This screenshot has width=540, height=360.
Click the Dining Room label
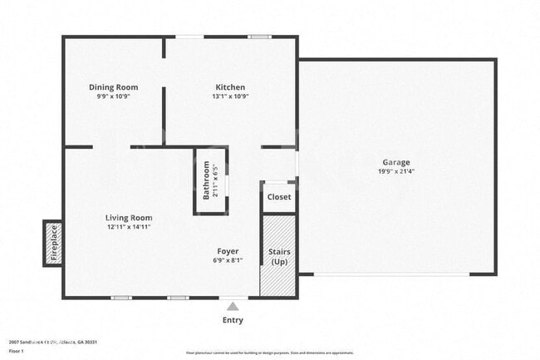(x=114, y=87)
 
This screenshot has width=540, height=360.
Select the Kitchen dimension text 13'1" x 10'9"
(x=230, y=96)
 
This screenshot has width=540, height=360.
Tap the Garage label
(x=395, y=162)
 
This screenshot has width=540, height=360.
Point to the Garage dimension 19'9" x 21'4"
(x=395, y=172)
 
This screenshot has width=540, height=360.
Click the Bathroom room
(x=210, y=180)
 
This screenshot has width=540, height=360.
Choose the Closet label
(x=278, y=197)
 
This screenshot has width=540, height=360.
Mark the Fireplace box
(x=54, y=244)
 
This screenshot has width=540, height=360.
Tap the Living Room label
(x=129, y=218)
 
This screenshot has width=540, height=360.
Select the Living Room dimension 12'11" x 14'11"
(x=129, y=227)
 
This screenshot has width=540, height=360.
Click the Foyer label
(x=228, y=251)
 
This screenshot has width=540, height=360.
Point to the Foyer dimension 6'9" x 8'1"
(x=228, y=260)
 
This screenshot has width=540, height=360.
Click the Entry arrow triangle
(x=233, y=305)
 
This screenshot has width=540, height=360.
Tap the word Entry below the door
(x=233, y=320)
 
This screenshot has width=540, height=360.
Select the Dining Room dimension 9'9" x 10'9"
(x=114, y=96)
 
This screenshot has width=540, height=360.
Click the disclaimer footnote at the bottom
(x=269, y=353)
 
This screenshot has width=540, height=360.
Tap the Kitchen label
(x=230, y=87)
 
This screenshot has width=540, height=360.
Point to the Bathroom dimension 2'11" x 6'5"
(x=216, y=180)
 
